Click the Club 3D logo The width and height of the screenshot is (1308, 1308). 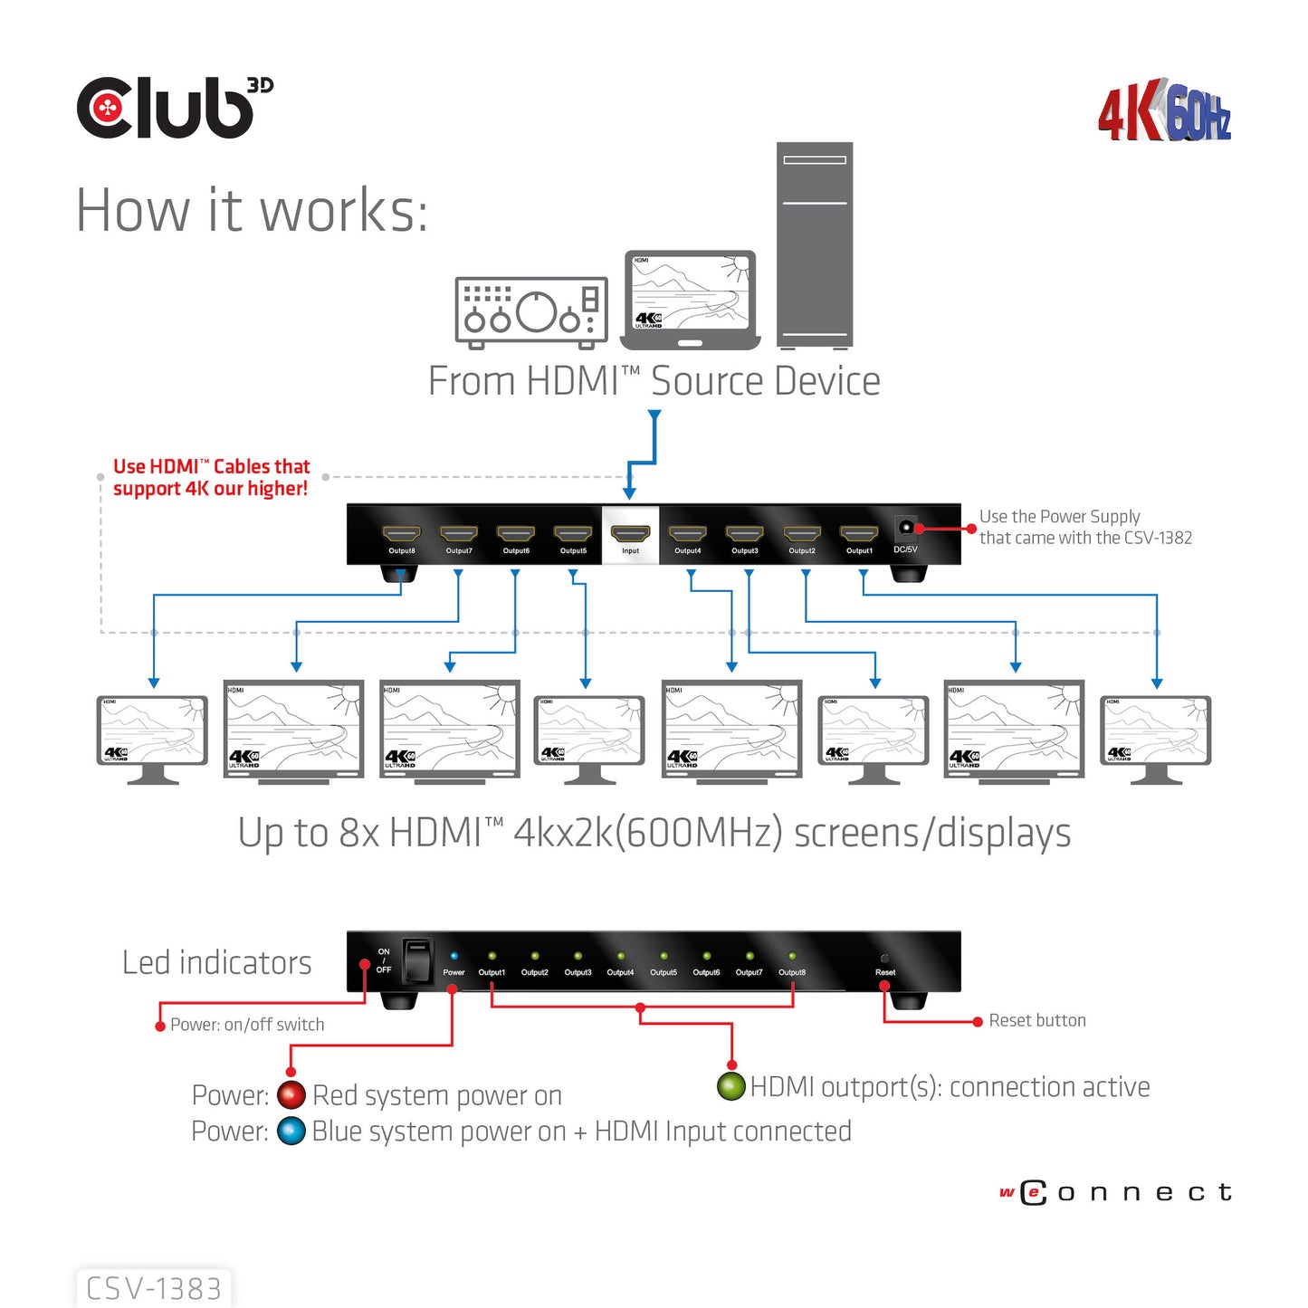[174, 108]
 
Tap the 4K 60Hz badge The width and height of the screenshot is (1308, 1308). [1165, 112]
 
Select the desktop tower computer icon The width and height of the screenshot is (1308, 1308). [814, 245]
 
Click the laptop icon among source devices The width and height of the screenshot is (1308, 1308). [690, 300]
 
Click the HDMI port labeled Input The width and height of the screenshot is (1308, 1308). [630, 534]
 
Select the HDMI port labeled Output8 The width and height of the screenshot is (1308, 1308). [401, 534]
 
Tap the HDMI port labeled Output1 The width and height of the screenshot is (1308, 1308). [859, 534]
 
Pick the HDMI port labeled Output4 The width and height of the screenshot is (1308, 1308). [687, 534]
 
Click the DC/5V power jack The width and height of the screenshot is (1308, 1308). [905, 528]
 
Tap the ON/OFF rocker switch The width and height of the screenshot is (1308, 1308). [416, 961]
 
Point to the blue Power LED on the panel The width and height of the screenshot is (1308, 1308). [454, 956]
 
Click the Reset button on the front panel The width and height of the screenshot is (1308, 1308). [884, 958]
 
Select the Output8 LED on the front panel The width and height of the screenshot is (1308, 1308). [792, 956]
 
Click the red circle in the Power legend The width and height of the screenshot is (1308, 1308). [291, 1095]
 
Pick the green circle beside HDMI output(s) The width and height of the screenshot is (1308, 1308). [730, 1086]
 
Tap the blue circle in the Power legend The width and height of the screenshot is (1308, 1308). [291, 1131]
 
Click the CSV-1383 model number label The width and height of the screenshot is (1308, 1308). [154, 1288]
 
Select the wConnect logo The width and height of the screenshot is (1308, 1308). [1116, 1192]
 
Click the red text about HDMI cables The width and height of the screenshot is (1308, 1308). [211, 478]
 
